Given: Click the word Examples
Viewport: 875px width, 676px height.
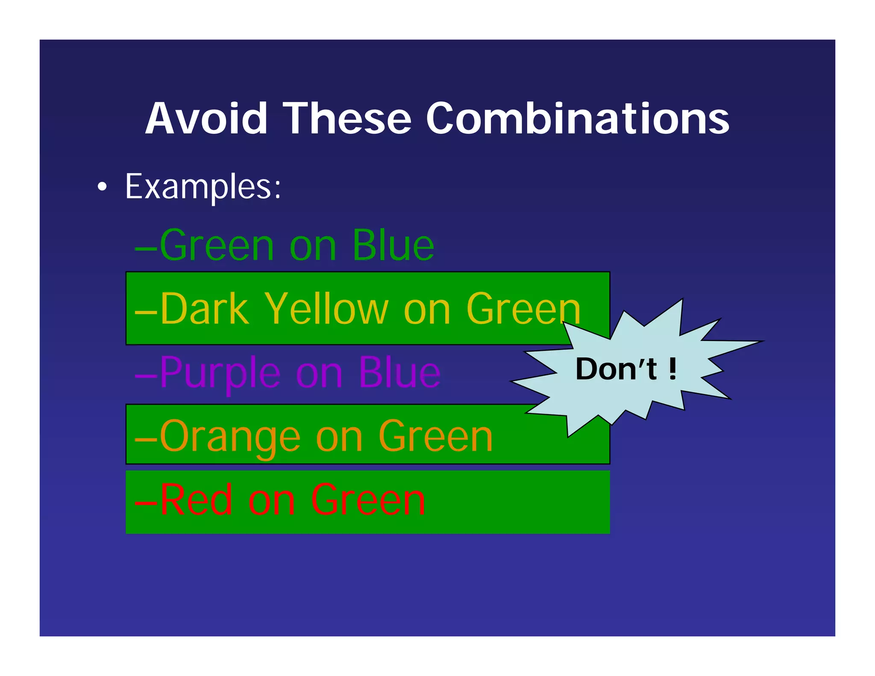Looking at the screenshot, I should click(x=203, y=187).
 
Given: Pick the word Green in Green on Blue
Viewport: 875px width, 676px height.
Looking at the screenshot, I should click(x=217, y=245).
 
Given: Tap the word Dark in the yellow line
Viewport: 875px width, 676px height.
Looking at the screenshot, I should click(x=204, y=309).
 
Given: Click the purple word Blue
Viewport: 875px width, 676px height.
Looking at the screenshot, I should click(x=399, y=373).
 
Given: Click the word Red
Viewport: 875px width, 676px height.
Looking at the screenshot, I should click(x=196, y=500).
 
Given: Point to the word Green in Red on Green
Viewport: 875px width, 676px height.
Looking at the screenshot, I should click(x=367, y=500).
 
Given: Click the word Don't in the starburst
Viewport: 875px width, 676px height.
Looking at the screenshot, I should click(x=616, y=369).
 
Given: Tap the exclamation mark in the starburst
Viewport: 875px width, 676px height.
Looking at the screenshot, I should click(x=672, y=369).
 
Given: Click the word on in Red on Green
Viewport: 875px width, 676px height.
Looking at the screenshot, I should click(x=271, y=501).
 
